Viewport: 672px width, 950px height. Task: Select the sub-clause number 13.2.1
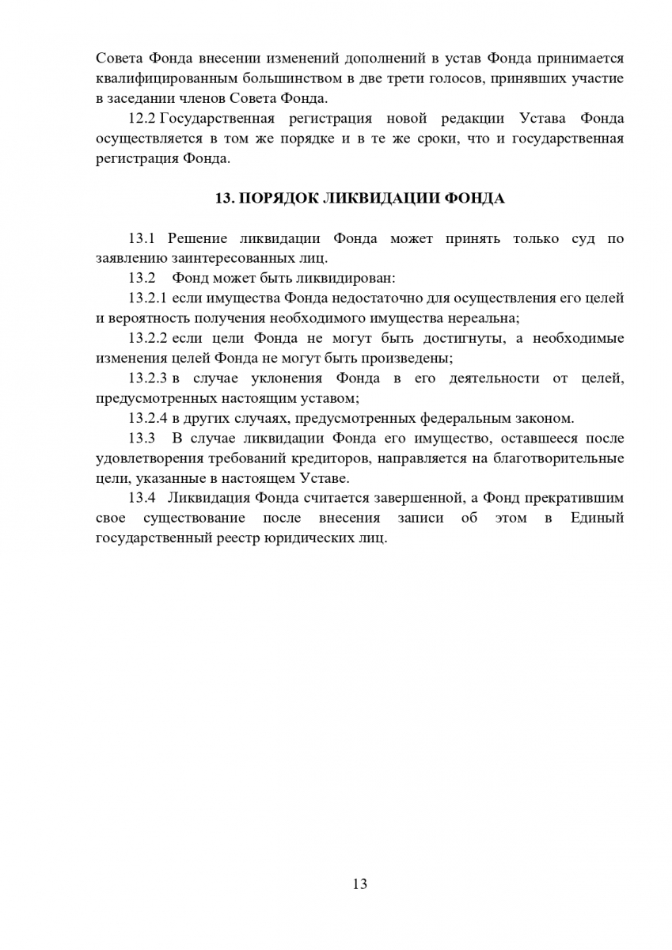click(x=147, y=298)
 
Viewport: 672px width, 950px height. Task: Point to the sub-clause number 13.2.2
click(x=147, y=338)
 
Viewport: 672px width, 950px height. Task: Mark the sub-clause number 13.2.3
click(x=147, y=378)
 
